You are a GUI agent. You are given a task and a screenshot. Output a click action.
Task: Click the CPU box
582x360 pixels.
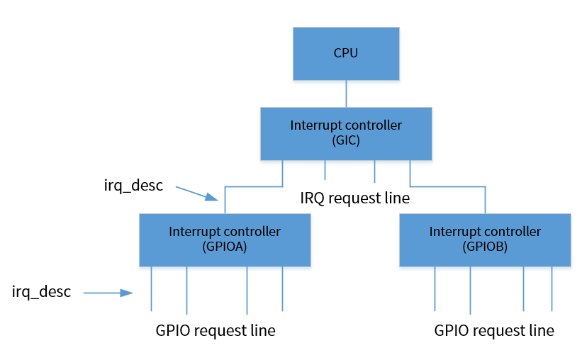tap(346, 53)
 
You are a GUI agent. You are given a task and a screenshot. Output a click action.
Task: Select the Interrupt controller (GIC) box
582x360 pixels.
tap(346, 133)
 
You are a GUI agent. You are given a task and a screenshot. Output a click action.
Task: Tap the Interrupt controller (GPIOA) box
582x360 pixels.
tap(225, 240)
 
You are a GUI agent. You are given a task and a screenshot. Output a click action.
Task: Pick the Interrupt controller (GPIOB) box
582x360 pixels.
tap(485, 240)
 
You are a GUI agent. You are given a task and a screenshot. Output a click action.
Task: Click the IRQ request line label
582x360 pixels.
tap(354, 198)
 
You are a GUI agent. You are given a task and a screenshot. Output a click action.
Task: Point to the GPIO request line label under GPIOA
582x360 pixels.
tap(216, 330)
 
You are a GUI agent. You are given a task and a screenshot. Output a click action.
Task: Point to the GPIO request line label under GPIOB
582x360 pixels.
tap(494, 330)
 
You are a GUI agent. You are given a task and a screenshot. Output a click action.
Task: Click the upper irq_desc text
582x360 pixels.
tap(133, 186)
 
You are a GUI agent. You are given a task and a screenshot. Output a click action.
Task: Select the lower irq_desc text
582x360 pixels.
tap(42, 291)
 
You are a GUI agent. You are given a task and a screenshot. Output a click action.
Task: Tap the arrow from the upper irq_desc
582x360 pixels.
tap(196, 192)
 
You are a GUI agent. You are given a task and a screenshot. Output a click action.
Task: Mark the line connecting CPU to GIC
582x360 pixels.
tap(346, 93)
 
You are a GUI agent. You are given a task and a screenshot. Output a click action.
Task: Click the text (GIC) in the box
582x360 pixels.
tap(346, 140)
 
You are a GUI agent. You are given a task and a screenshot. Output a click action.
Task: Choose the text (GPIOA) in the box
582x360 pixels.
tap(225, 247)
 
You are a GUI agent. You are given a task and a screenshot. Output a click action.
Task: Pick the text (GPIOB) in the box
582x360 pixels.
tap(485, 247)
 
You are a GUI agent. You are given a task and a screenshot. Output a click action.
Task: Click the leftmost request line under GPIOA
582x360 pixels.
tap(152, 288)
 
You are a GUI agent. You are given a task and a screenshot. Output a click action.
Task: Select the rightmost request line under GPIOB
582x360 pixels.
tap(552, 288)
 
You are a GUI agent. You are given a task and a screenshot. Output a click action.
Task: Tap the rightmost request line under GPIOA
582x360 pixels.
tap(282, 288)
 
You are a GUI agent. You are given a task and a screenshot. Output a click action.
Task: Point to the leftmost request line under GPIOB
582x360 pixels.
tap(435, 288)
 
